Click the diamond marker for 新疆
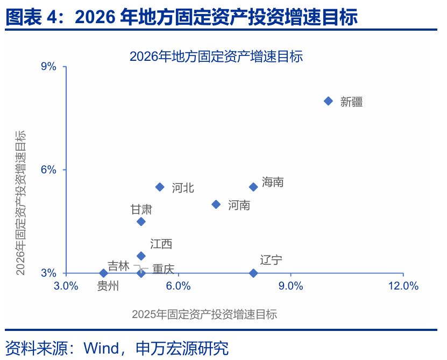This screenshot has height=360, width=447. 328,101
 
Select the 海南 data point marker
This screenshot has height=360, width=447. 253,187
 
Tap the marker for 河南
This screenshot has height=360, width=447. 216,204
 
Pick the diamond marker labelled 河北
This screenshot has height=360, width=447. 160,187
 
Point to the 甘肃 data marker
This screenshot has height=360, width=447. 141,221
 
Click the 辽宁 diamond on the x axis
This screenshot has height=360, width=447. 253,273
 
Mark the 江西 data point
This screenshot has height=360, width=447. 141,256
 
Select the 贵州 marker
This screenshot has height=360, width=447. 104,273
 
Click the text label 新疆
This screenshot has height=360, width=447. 351,102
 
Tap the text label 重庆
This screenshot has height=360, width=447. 163,269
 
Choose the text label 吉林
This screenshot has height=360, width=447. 118,266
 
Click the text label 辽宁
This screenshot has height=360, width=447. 271,260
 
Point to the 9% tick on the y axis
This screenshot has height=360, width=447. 48,66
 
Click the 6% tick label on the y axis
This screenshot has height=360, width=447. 48,170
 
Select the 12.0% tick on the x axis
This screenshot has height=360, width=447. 403,286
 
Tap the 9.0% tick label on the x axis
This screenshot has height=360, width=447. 290,286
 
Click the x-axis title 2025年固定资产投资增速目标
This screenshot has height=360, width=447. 204,314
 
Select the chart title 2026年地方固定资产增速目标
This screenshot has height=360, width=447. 216,56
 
